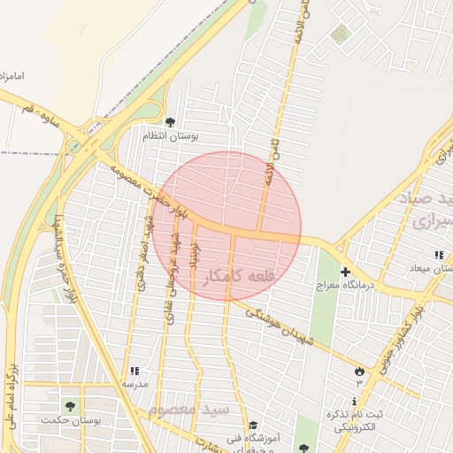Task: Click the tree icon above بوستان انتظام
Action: click(x=171, y=122)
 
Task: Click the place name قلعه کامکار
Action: click(x=240, y=277)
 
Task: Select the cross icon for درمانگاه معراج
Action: click(x=345, y=272)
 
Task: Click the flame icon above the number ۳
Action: click(x=359, y=371)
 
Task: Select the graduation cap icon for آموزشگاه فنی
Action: click(x=253, y=426)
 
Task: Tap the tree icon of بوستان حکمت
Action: click(x=70, y=406)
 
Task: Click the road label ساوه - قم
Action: click(x=43, y=111)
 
